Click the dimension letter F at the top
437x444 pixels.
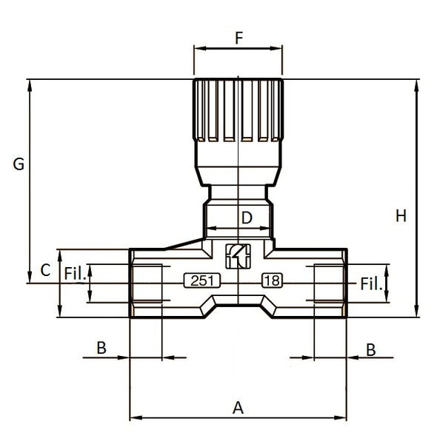238,38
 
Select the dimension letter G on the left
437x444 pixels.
19,164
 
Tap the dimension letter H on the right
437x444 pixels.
401,216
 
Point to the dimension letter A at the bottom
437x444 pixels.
238,407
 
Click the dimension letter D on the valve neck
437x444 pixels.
247,218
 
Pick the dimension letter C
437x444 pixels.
45,270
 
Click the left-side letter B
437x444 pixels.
102,348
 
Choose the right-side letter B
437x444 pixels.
372,349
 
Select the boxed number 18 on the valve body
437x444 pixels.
272,280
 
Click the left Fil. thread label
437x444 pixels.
75,273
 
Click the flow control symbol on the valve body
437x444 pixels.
238,255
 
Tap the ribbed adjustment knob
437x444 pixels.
238,111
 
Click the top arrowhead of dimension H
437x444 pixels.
416,84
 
